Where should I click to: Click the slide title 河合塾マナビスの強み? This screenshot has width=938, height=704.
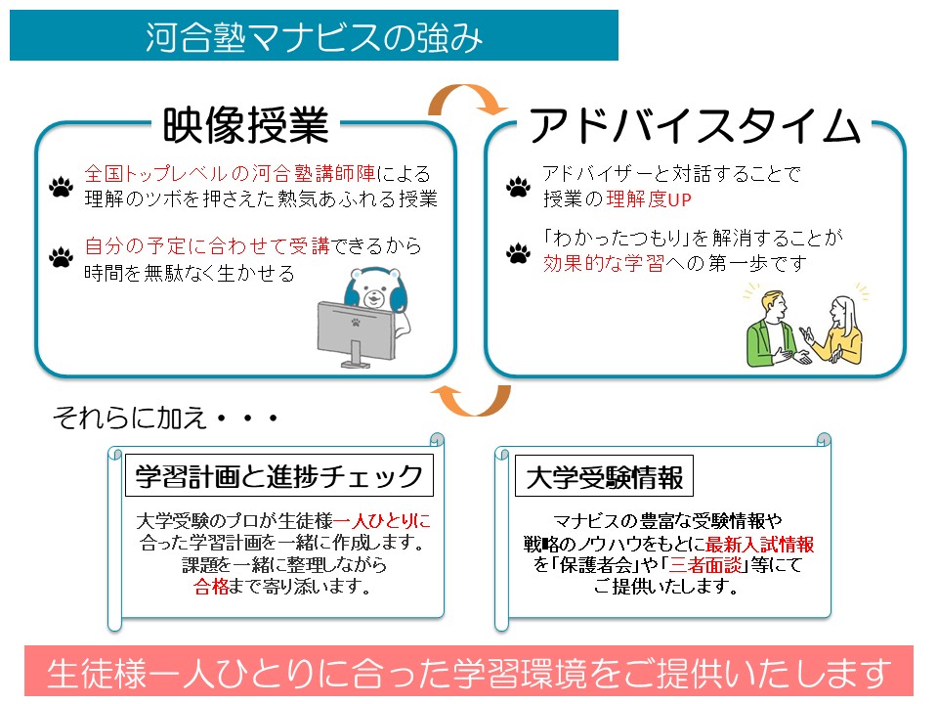pos(314,37)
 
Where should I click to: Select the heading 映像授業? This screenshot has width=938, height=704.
pos(245,126)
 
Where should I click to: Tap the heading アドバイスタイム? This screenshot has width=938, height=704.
pos(695,127)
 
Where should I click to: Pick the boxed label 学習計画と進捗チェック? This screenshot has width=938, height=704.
pos(279,477)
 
